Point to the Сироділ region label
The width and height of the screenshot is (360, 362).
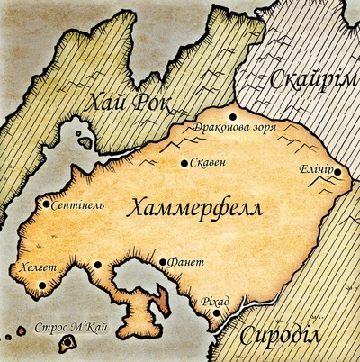tap(293, 338)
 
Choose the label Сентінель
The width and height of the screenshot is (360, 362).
tap(79, 204)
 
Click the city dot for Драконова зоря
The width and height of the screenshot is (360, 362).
tap(233, 116)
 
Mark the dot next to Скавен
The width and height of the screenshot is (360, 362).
tap(184, 164)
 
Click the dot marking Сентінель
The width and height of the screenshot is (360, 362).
tap(46, 204)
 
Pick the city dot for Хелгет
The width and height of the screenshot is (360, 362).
tap(41, 285)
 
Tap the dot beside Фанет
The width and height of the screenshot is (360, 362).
tap(163, 262)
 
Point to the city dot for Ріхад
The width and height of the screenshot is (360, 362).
tap(217, 313)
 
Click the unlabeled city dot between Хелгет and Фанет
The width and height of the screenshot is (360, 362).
tap(97, 265)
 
